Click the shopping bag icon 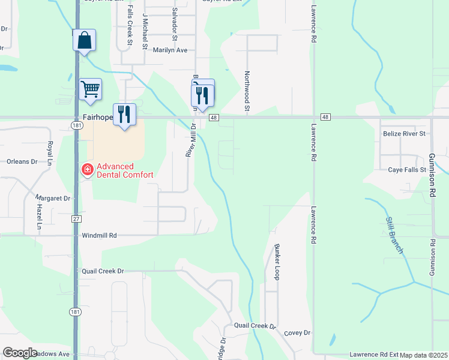tap(85, 41)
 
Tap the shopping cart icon tap(90, 89)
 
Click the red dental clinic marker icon tap(88, 170)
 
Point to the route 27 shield tap(76, 219)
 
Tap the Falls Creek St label tap(130, 26)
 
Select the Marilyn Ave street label tap(170, 50)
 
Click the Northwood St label tap(246, 92)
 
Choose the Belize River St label tap(404, 134)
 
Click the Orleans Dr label tap(22, 161)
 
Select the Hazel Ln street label tap(40, 217)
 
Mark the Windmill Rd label tap(99, 236)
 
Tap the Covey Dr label tap(297, 332)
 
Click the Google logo tap(20, 353)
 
